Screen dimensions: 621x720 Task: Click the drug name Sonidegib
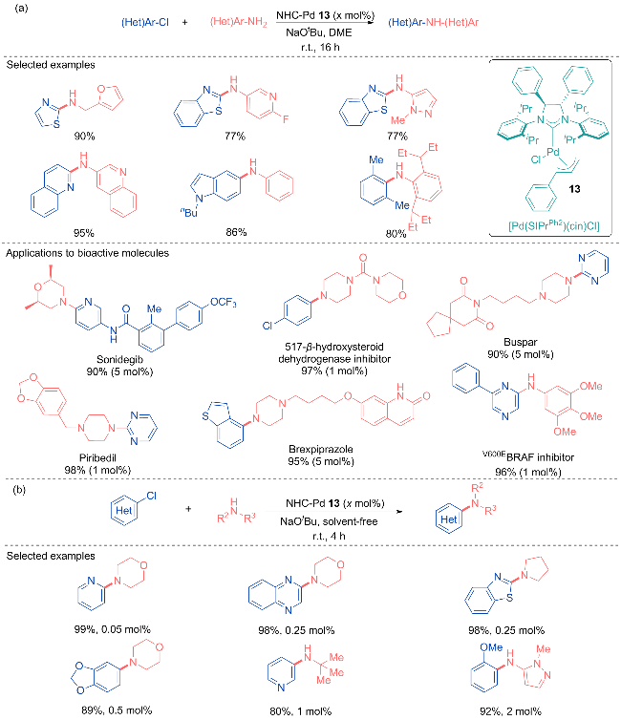119,359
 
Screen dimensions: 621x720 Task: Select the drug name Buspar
520,342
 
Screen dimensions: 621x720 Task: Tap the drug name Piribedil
97,457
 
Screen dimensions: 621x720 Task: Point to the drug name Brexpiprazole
321,449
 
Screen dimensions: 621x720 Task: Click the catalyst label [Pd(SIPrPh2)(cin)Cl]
554,225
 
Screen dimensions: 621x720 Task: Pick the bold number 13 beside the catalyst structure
574,189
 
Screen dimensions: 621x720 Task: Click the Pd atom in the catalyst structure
552,152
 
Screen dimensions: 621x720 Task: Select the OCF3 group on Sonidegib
224,302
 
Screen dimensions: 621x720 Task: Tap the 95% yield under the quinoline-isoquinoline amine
84,233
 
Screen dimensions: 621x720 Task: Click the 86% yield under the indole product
236,232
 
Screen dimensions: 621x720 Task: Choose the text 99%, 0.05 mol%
113,629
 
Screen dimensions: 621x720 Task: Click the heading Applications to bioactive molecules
87,253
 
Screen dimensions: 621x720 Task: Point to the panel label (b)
19,490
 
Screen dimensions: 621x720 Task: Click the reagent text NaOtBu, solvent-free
329,521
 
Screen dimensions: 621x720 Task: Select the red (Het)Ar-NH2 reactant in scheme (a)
239,22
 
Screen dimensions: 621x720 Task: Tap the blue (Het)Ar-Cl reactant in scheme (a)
145,22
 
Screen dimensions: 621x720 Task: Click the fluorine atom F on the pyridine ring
286,119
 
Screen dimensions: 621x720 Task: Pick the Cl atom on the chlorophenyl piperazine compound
268,326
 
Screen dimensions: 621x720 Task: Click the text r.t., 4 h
329,536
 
